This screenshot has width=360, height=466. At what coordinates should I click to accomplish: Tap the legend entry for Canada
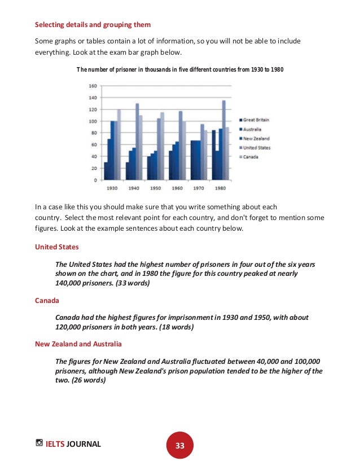251,157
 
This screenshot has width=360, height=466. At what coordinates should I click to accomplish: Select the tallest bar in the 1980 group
223,140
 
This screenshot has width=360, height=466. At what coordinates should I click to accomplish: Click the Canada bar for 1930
118,144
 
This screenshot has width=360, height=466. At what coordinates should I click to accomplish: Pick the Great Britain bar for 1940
128,171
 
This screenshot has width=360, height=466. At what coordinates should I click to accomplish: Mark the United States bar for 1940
137,141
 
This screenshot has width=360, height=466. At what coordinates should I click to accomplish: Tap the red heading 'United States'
57,247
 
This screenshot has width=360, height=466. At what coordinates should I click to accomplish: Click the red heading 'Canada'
47,301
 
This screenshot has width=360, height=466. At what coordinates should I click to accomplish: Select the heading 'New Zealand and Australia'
78,344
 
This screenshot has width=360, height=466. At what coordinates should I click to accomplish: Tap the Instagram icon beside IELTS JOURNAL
39,443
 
